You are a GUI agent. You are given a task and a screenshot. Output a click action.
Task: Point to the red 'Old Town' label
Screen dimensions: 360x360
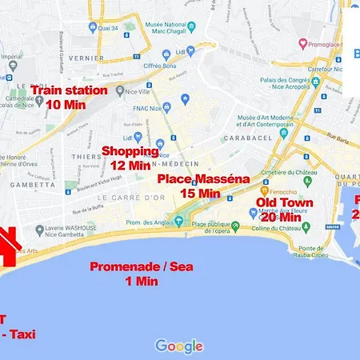(280, 203)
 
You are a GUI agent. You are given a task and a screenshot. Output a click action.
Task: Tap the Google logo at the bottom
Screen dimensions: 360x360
(179, 346)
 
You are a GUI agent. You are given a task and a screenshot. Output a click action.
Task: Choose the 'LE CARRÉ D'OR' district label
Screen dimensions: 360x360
(130, 197)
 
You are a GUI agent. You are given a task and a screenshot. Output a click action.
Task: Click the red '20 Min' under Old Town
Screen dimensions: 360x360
(280, 216)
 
